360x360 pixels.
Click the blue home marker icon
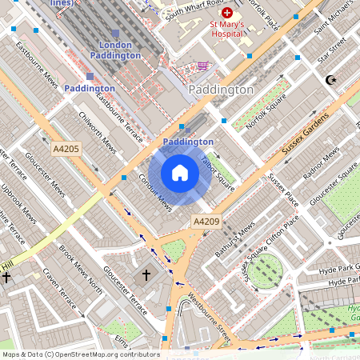pos(180,174)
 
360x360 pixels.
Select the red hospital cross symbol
pos(227,14)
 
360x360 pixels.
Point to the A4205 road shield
pos(66,149)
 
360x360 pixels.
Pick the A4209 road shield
pos(204,220)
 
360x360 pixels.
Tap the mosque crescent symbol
pos(329,80)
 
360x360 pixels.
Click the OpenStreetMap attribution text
pos(80,354)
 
